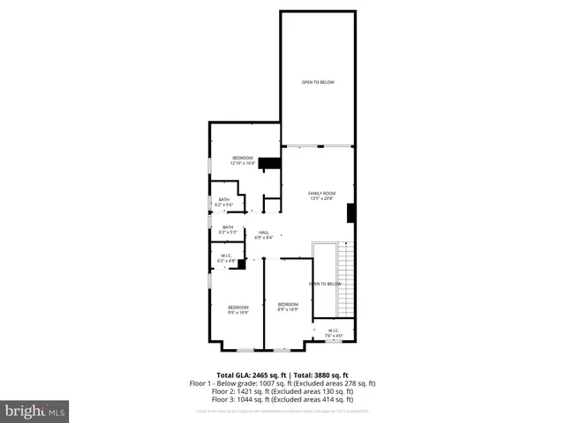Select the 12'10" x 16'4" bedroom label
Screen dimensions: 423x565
242,160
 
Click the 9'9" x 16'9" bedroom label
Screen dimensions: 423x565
238,309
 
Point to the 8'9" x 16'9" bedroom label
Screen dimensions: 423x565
288,307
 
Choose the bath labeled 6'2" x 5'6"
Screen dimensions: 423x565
224,202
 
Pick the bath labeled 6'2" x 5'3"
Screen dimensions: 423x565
228,229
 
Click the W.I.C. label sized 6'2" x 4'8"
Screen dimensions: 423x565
226,258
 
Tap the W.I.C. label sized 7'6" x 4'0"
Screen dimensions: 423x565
334,333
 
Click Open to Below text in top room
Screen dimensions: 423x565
318,83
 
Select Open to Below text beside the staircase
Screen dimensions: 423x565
325,284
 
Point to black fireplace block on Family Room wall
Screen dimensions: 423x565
351,214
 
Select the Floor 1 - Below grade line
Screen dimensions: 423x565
282,383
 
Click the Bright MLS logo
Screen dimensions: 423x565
35,411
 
